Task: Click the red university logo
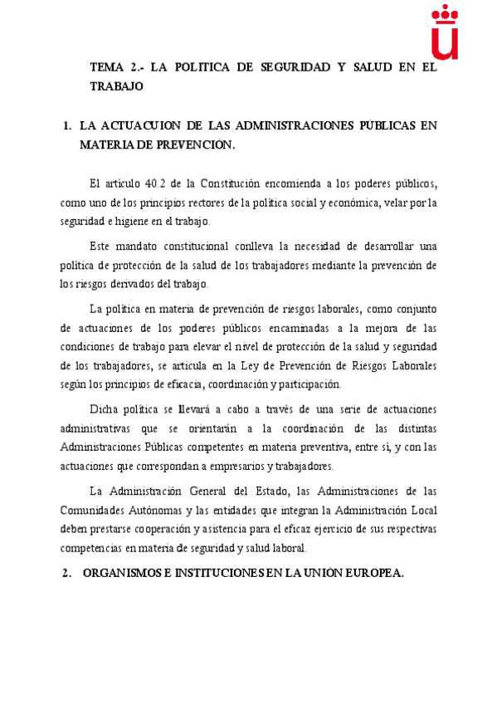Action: pos(446,32)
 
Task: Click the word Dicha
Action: pos(105,408)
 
